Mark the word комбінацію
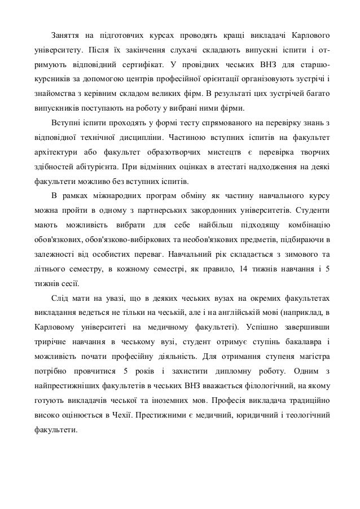pos(308,226)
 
